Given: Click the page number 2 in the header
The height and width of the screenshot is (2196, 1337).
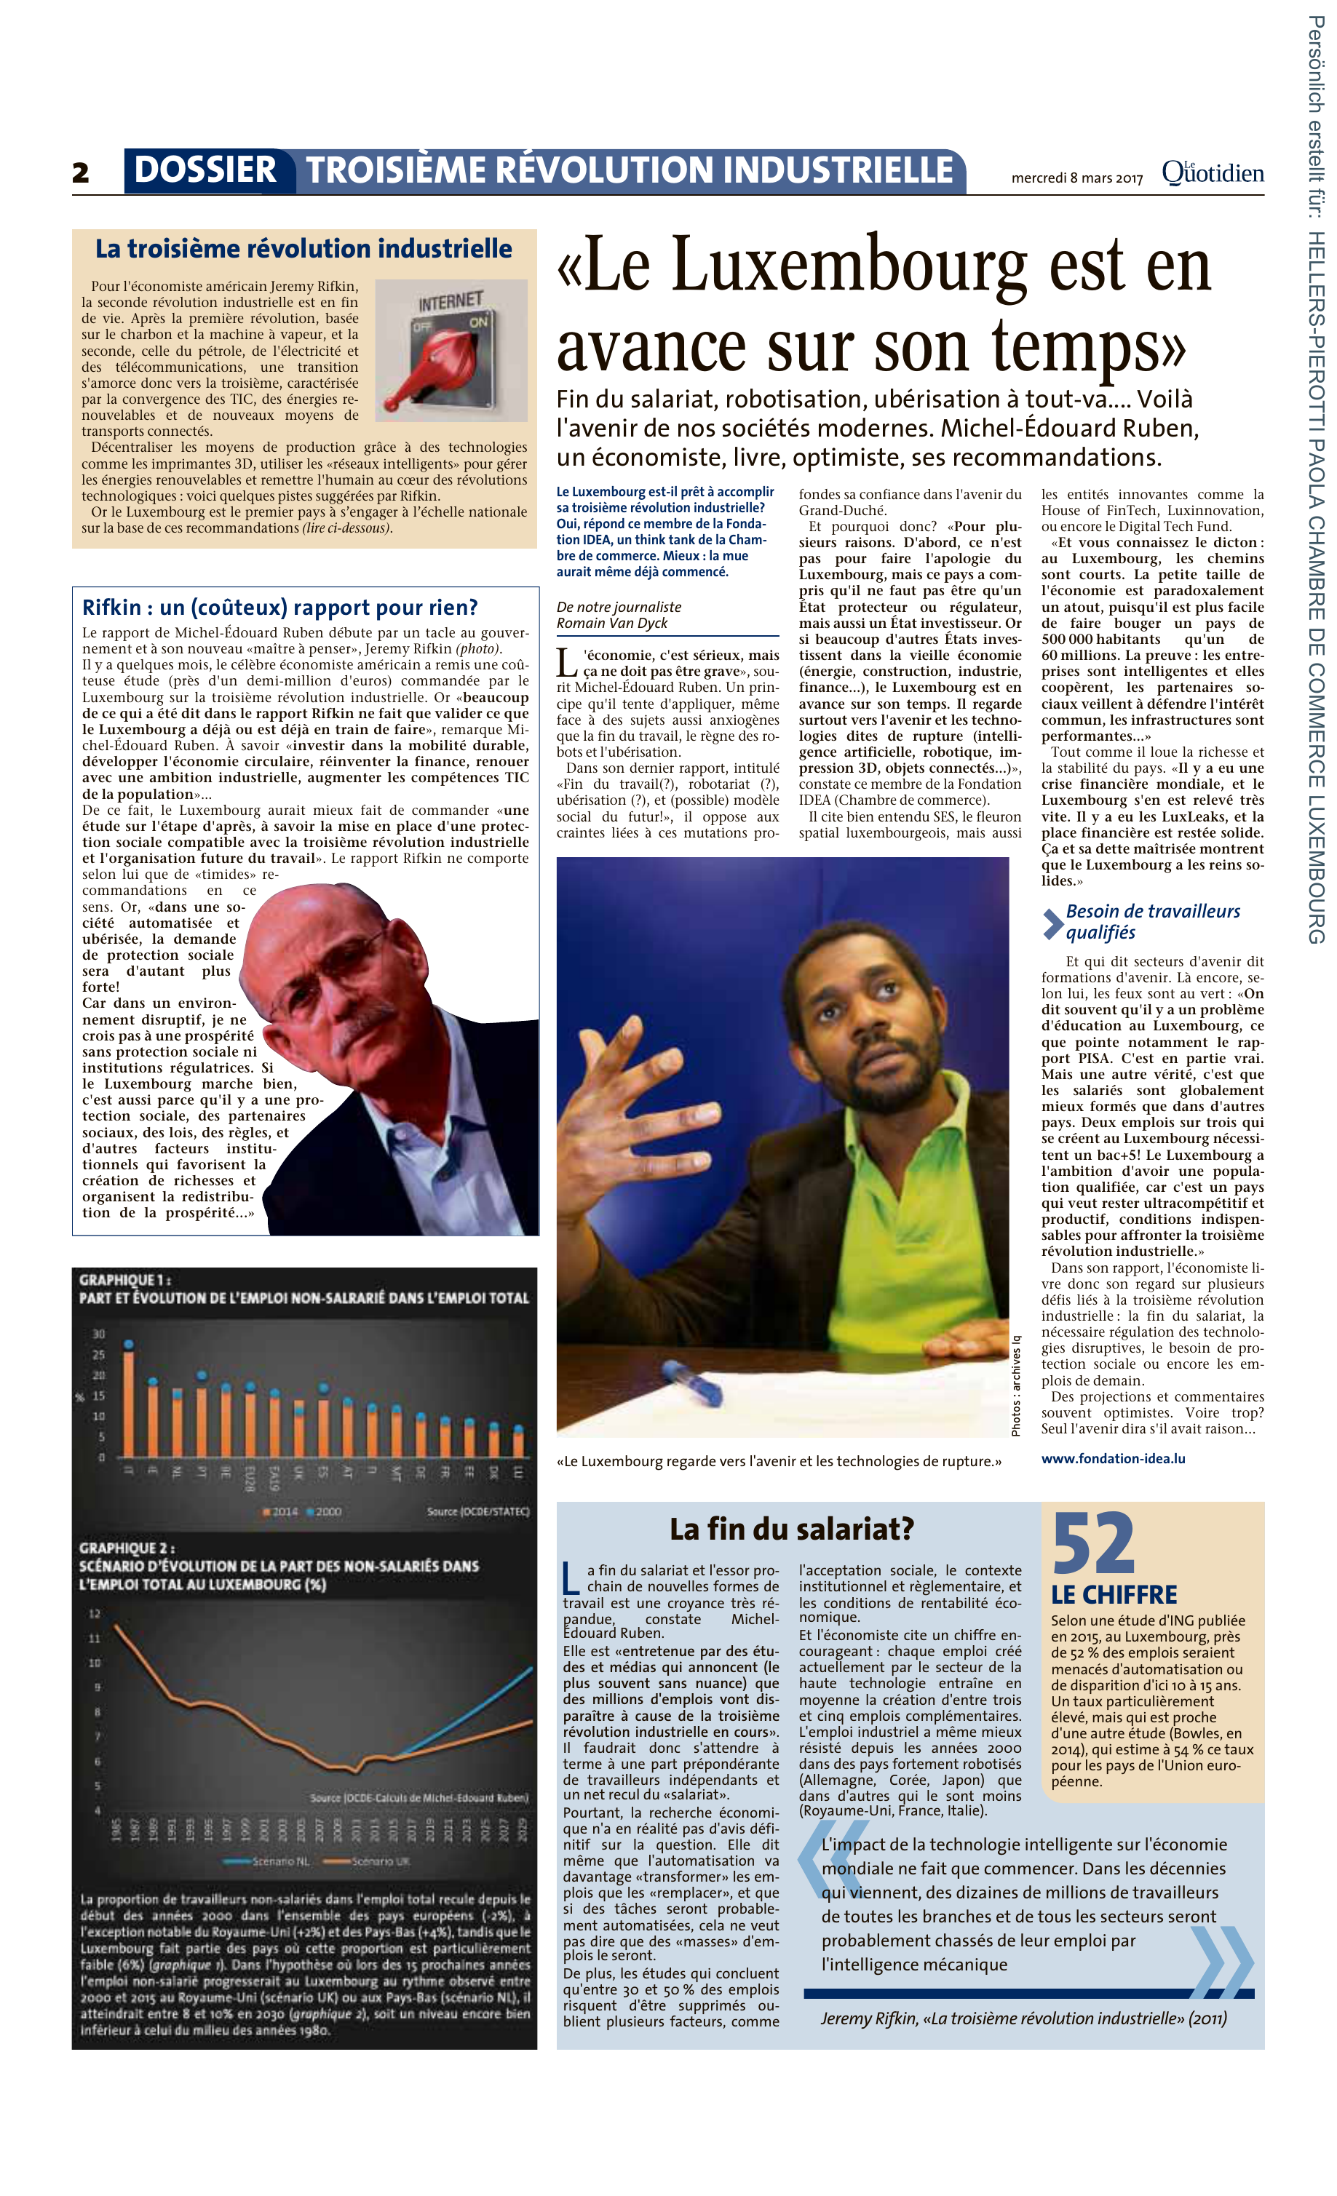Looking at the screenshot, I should click(x=81, y=172).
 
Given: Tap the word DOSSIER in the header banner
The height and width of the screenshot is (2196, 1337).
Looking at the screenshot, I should click(x=205, y=170).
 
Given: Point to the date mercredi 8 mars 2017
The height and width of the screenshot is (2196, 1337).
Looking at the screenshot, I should click(x=1076, y=178).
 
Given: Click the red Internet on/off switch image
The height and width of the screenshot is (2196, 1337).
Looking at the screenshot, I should click(x=451, y=350).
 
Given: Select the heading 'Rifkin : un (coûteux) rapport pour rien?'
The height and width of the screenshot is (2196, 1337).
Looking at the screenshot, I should click(x=280, y=608).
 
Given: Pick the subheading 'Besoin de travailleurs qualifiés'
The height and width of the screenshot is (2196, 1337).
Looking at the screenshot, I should click(x=1151, y=921).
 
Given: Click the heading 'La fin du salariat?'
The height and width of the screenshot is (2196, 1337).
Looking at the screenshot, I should click(x=792, y=1529).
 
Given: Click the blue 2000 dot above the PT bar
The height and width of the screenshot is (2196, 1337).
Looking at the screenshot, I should click(x=202, y=1375).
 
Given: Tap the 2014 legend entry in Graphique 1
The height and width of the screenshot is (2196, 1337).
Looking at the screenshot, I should click(x=281, y=1511).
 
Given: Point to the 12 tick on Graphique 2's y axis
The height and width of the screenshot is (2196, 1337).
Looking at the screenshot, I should click(x=95, y=1614).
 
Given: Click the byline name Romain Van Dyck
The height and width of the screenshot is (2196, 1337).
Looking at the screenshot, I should click(x=611, y=623).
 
